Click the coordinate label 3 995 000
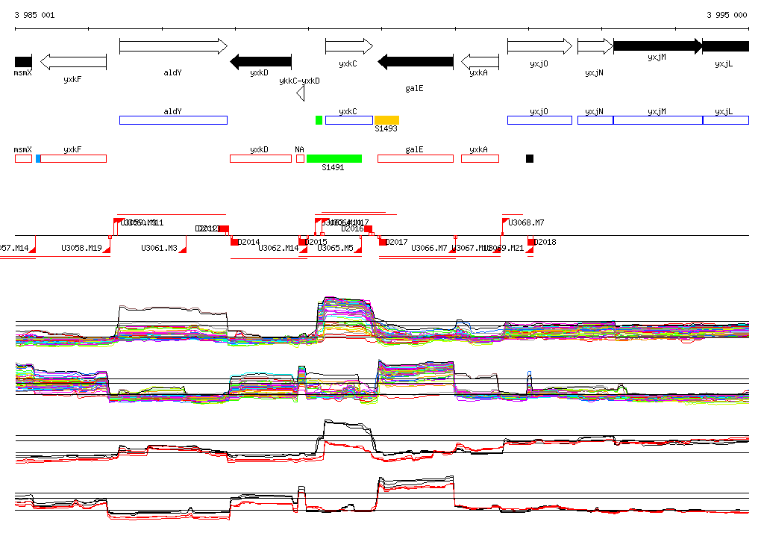727,15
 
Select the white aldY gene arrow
173,46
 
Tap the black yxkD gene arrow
260,61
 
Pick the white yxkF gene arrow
73,61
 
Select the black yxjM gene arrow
657,46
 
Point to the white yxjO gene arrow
539,46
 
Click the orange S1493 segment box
386,120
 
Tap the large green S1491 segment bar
334,158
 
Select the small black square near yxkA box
530,158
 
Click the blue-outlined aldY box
173,120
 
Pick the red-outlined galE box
415,158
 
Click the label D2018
546,242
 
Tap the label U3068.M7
526,222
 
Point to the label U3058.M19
81,248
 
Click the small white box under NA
300,158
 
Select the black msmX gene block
23,61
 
